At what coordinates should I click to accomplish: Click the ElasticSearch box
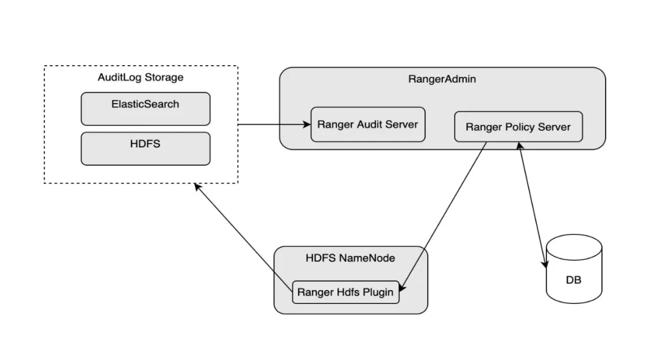click(145, 109)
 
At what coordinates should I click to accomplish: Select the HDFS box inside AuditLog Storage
click(145, 149)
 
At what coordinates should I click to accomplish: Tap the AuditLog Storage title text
click(140, 77)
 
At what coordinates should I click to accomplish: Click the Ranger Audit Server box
click(367, 125)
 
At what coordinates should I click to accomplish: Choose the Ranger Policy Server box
click(518, 127)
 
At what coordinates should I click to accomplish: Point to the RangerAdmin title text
click(442, 79)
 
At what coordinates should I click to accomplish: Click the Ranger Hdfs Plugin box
click(345, 292)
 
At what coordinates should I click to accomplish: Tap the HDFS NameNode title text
click(350, 258)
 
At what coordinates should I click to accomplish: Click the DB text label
click(573, 280)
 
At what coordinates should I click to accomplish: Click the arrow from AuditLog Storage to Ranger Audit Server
click(274, 125)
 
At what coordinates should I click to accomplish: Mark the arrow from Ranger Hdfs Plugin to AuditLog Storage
click(244, 235)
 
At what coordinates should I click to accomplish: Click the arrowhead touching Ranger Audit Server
click(307, 125)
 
